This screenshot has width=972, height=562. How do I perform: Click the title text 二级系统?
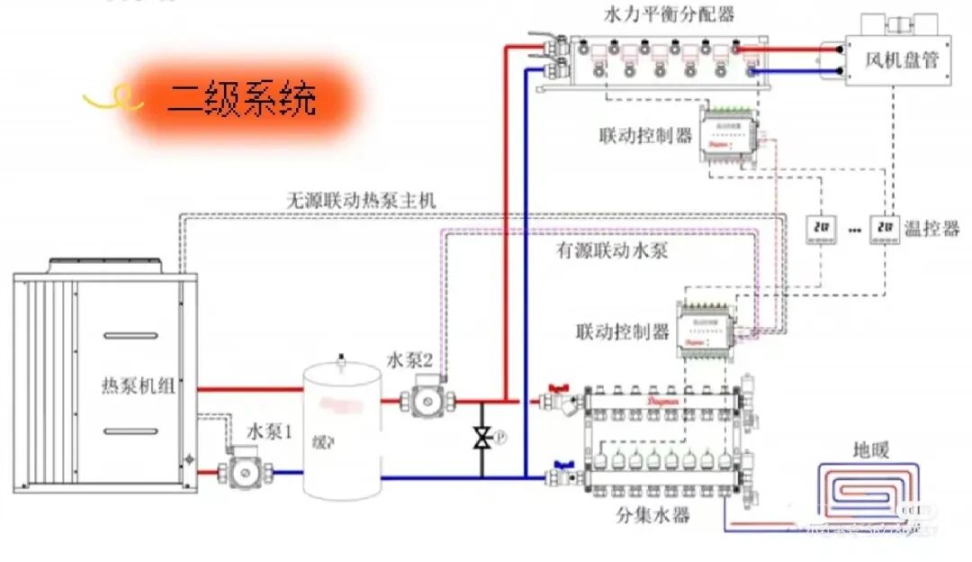tap(241, 99)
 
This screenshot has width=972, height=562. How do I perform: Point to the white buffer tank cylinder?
tap(341, 430)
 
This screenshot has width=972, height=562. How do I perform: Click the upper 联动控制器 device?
tap(729, 135)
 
